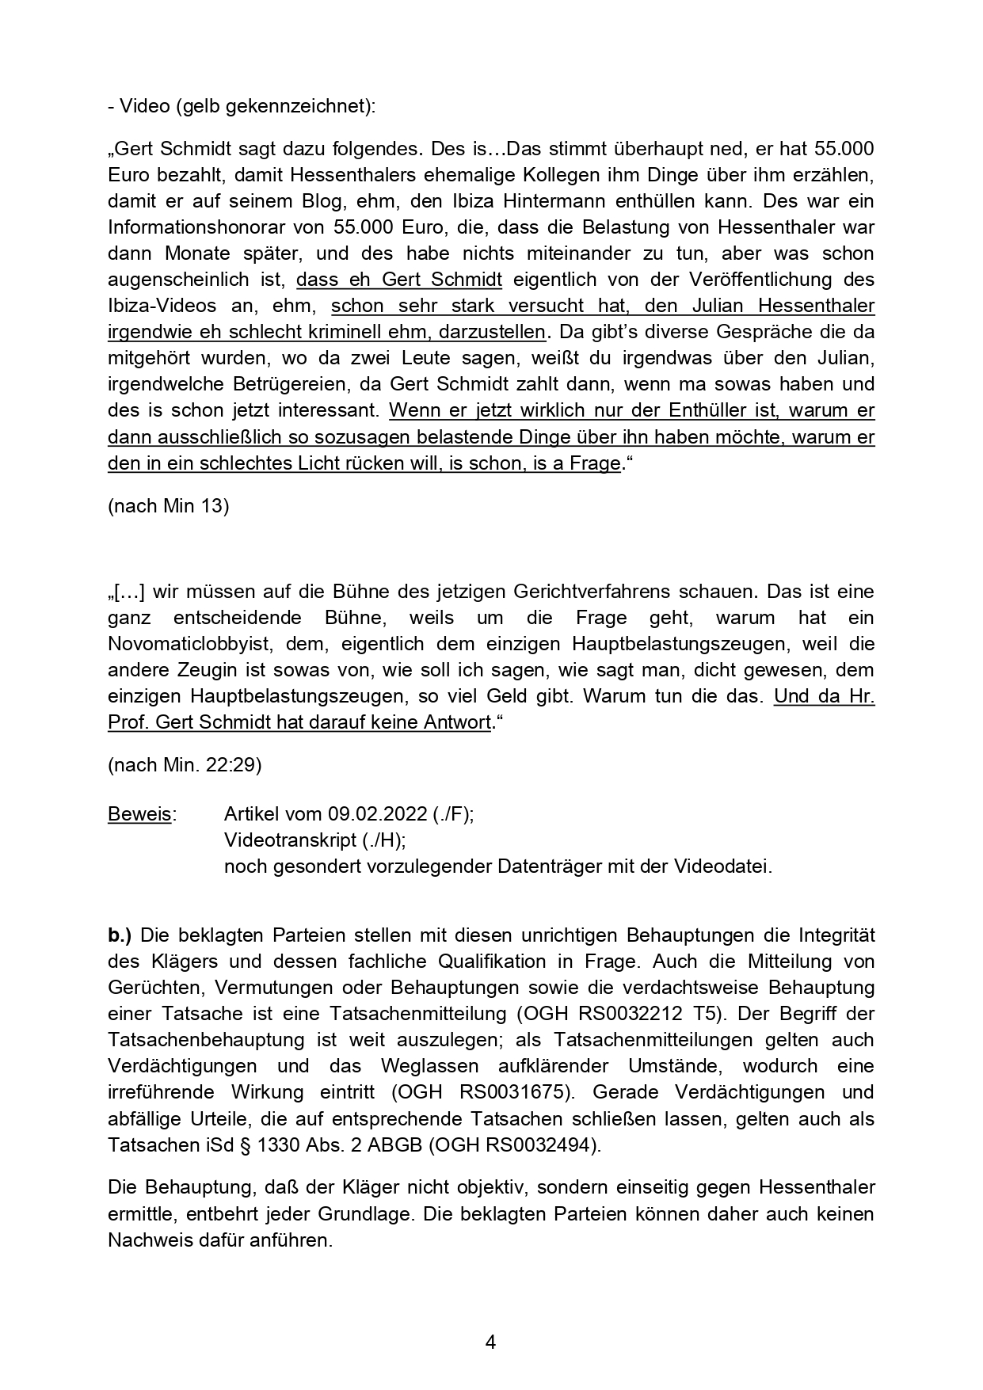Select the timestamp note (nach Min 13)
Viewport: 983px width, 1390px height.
pos(168,505)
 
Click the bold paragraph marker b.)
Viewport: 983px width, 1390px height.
pos(120,935)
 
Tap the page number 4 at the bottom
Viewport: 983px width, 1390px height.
pos(490,1342)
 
